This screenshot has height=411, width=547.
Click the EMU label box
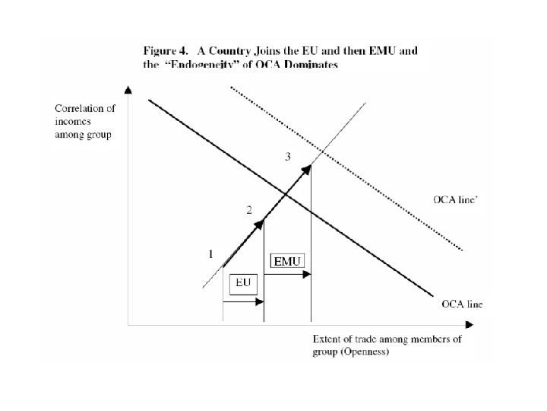tap(288, 261)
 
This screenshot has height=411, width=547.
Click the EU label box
tap(243, 283)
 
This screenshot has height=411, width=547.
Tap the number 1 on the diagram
tap(210, 255)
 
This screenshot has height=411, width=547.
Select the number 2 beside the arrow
tap(248, 211)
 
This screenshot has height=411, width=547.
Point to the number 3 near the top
tap(287, 157)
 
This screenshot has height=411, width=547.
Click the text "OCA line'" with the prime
tap(455, 200)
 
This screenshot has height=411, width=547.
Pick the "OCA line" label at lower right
tap(463, 304)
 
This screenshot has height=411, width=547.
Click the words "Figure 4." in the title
tap(162, 50)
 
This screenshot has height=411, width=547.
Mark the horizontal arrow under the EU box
tap(243, 302)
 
